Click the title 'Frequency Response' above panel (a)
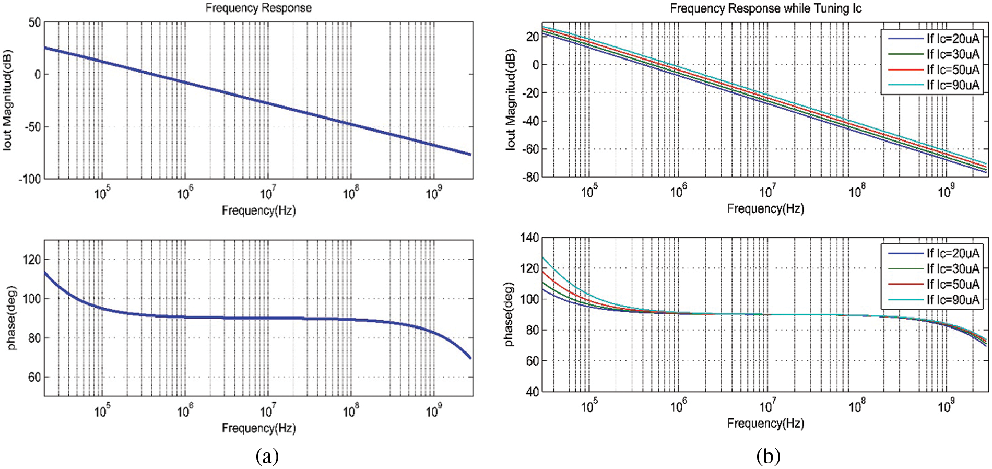pyautogui.click(x=258, y=8)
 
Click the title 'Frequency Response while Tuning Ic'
pyautogui.click(x=765, y=8)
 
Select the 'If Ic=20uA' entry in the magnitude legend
pyautogui.click(x=952, y=38)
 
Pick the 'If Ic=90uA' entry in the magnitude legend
pyautogui.click(x=952, y=85)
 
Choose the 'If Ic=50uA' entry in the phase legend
pyautogui.click(x=952, y=284)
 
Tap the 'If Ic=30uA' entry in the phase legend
pyautogui.click(x=952, y=268)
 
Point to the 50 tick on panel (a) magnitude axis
pyautogui.click(x=34, y=23)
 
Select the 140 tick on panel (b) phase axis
pyautogui.click(x=530, y=238)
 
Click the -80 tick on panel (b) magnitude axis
pyautogui.click(x=532, y=177)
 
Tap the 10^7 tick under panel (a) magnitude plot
pyautogui.click(x=267, y=194)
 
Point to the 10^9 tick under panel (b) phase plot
pyautogui.click(x=946, y=406)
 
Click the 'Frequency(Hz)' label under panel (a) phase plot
pyautogui.click(x=258, y=428)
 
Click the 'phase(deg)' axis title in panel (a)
pyautogui.click(x=11, y=318)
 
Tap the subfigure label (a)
pyautogui.click(x=267, y=456)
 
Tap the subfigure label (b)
pyautogui.click(x=768, y=456)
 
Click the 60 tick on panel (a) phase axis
pyautogui.click(x=34, y=377)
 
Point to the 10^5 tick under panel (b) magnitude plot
pyautogui.click(x=589, y=192)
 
